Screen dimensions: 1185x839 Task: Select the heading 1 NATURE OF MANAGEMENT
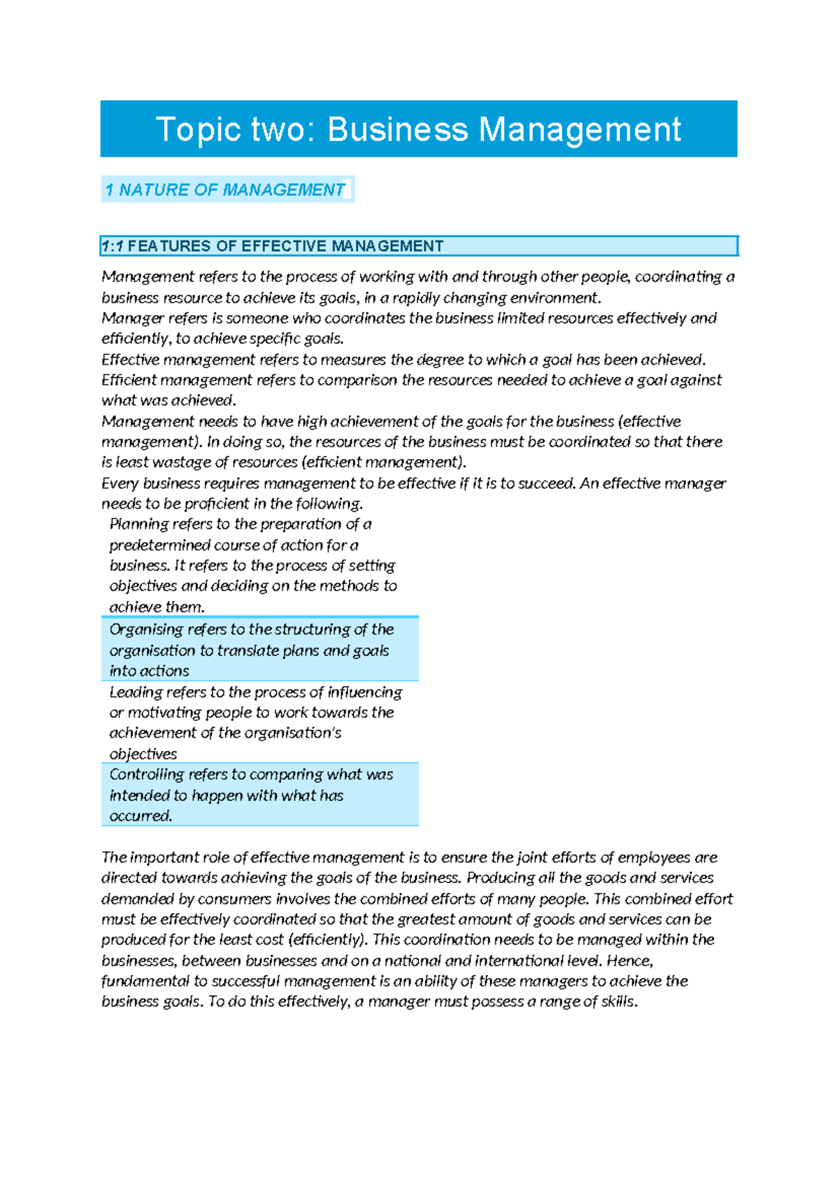[225, 190]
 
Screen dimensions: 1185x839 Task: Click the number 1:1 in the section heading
[112, 246]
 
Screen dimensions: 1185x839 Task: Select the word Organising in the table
[145, 630]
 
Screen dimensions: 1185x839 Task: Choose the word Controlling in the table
[147, 775]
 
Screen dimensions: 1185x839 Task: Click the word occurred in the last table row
[140, 816]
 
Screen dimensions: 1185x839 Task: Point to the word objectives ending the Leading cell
[143, 754]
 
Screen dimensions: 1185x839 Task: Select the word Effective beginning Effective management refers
[130, 360]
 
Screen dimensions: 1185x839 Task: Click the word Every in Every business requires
[120, 484]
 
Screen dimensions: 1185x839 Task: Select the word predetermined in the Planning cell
[159, 545]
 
